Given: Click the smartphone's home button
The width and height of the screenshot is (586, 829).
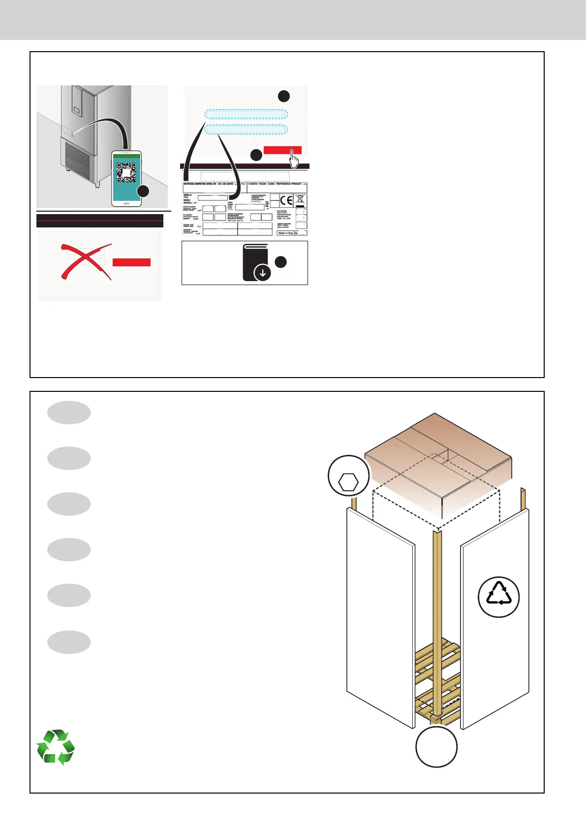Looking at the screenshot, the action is point(126,202).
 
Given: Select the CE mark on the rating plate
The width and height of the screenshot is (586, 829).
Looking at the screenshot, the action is point(286,200).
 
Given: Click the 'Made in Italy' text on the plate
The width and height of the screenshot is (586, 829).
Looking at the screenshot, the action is point(285,233).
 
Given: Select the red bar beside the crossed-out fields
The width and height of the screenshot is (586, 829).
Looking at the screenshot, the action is point(131,262).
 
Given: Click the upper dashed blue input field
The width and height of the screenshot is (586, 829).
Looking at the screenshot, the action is point(246,114).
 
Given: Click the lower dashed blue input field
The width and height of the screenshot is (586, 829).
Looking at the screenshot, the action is point(246,129).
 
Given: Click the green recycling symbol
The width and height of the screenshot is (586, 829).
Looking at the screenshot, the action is point(56,748).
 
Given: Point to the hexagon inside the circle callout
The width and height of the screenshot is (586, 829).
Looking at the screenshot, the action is point(349,482).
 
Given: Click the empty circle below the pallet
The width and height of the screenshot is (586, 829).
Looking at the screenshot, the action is point(436,747).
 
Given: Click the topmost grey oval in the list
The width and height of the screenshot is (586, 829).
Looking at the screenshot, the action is point(69,413).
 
